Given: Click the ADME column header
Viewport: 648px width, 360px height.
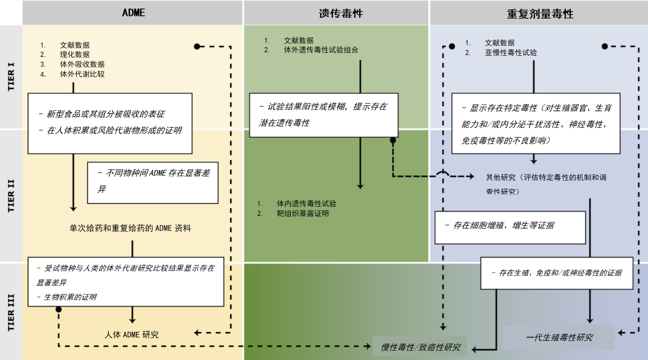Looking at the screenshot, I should pyautogui.click(x=133, y=13).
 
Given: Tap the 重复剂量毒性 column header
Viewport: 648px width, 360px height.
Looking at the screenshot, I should pyautogui.click(x=540, y=14).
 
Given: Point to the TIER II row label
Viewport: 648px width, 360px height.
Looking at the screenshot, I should pyautogui.click(x=11, y=195).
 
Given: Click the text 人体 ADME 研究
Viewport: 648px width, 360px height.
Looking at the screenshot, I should pyautogui.click(x=132, y=335).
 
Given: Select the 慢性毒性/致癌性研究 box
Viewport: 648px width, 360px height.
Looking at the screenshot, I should pyautogui.click(x=420, y=347).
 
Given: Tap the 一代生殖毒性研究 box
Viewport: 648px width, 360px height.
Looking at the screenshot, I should pyautogui.click(x=559, y=337).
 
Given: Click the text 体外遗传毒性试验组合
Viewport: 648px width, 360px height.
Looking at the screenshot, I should pyautogui.click(x=321, y=50).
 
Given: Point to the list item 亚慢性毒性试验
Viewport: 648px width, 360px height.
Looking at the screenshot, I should pyautogui.click(x=511, y=53).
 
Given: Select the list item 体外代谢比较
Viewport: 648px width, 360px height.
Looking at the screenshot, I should pyautogui.click(x=82, y=74).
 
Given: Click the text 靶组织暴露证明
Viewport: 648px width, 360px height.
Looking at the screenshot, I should pyautogui.click(x=302, y=214).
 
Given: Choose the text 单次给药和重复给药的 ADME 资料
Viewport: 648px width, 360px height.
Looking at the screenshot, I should pyautogui.click(x=130, y=228).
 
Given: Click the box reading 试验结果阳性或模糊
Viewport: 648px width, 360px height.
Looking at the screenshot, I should pyautogui.click(x=324, y=115).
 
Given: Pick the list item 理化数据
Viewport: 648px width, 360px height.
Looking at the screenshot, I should pyautogui.click(x=75, y=55).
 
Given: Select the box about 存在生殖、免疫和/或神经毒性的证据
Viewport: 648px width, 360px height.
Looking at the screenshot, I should pyautogui.click(x=557, y=273).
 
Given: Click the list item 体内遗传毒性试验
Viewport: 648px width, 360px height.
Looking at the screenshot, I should pyautogui.click(x=306, y=204).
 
